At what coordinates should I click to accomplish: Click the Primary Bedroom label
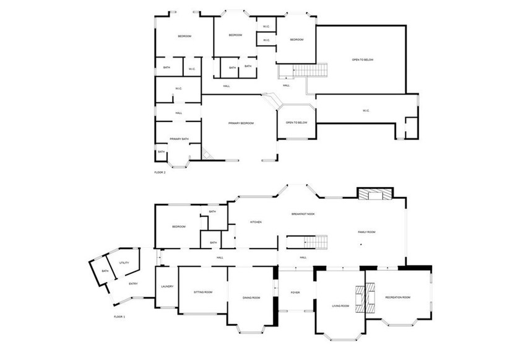(241, 123)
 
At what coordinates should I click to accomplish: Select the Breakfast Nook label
(303, 214)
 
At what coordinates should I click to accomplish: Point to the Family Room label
(366, 232)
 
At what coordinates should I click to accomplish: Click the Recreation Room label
(397, 297)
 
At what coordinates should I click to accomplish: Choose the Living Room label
(340, 306)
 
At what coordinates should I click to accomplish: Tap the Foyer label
(295, 292)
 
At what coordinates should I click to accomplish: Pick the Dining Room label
(251, 298)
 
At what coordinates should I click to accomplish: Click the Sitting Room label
(203, 291)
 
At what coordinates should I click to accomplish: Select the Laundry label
(167, 286)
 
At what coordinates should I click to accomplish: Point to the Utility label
(124, 263)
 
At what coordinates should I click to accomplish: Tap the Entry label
(133, 284)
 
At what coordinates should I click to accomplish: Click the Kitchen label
(256, 222)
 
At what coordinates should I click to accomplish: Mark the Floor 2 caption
(160, 172)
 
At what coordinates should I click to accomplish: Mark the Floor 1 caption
(119, 317)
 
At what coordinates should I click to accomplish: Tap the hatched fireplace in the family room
(374, 195)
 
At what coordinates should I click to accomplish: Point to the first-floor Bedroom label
(178, 227)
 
